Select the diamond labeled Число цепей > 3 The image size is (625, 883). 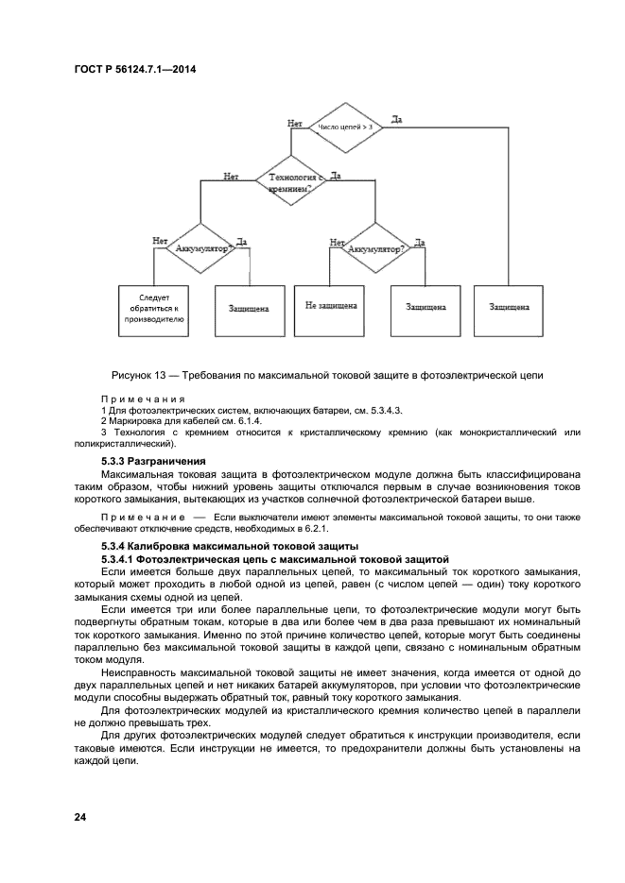[344, 126]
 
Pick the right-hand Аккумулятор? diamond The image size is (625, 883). [374, 248]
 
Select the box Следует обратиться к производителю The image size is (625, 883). [153, 308]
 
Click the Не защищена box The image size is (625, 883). [330, 307]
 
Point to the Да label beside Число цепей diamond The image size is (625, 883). [396, 120]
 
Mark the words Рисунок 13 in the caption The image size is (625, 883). [141, 376]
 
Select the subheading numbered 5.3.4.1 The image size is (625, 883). [122, 559]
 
